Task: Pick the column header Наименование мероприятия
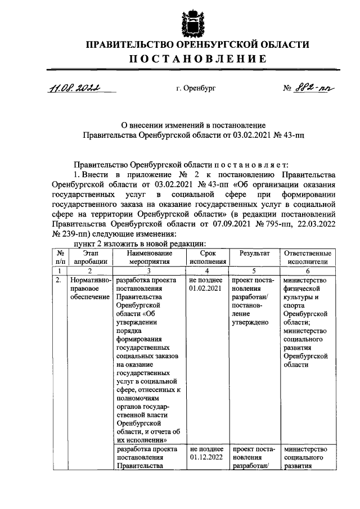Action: pyautogui.click(x=148, y=258)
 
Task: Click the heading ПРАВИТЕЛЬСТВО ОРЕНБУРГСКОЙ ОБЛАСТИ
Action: pyautogui.click(x=191, y=44)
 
